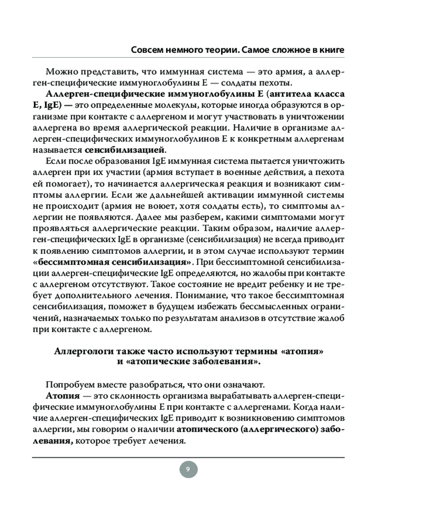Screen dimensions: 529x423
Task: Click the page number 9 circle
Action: [x=188, y=469]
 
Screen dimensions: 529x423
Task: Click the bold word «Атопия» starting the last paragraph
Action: [x=62, y=396]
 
